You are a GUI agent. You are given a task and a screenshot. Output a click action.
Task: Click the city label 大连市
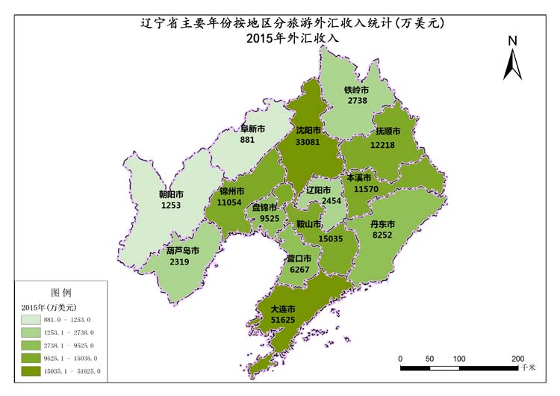click(283, 309)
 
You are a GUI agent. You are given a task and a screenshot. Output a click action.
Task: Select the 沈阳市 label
click(309, 130)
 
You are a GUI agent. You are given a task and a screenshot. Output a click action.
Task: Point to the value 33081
click(309, 141)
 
